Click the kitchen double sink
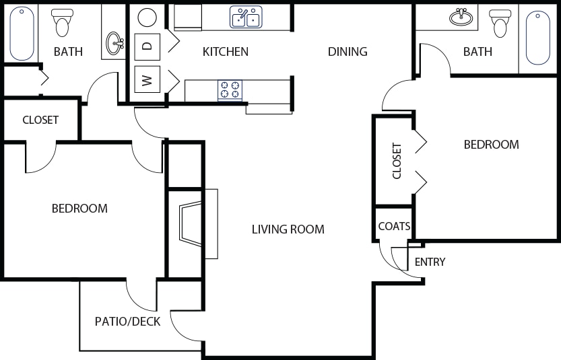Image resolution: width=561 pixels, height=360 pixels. tap(246, 17)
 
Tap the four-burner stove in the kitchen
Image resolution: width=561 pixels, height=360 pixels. tap(230, 89)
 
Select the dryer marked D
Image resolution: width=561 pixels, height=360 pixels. tap(147, 46)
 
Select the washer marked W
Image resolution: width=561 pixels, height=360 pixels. tap(147, 79)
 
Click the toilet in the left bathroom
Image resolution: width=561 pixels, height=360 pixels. tap(62, 23)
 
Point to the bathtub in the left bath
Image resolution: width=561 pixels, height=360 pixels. tap(22, 33)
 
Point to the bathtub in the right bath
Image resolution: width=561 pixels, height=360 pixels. tap(538, 38)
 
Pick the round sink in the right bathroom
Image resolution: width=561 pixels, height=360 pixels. tap(461, 17)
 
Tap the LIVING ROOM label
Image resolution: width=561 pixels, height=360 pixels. tap(288, 229)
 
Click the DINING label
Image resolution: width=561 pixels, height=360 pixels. tap(348, 52)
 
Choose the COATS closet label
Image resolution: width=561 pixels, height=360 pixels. tap(394, 226)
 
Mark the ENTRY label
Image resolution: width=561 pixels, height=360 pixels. tap(430, 262)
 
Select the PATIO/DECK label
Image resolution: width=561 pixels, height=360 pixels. tap(127, 322)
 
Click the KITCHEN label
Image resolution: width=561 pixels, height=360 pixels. tap(226, 52)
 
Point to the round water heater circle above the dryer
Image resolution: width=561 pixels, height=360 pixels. tap(147, 17)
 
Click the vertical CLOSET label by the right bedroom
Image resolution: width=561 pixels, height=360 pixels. tap(397, 161)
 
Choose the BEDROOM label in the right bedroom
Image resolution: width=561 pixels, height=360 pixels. tap(491, 145)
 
